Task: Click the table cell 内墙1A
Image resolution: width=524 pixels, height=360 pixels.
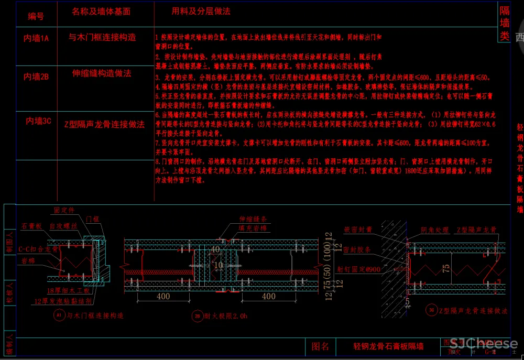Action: click(36, 38)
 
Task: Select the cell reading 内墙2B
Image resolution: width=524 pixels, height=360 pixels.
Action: click(36, 77)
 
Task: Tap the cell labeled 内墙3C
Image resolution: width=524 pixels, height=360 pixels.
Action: click(38, 121)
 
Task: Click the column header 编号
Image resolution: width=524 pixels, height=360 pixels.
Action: click(36, 17)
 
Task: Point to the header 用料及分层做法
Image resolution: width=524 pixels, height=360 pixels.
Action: click(201, 11)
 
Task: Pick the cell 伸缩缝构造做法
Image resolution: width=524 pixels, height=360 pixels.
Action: click(102, 73)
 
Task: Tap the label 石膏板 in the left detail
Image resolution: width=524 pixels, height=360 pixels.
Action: click(31, 226)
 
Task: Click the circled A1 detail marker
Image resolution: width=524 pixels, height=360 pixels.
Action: click(59, 315)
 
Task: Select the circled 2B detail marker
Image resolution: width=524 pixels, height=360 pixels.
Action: click(198, 316)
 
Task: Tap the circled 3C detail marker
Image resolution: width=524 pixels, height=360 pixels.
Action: click(431, 310)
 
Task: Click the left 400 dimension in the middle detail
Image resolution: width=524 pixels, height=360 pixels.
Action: click(163, 297)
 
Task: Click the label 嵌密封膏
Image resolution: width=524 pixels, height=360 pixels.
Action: click(358, 230)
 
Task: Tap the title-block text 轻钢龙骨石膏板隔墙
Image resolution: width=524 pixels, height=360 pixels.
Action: click(388, 346)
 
